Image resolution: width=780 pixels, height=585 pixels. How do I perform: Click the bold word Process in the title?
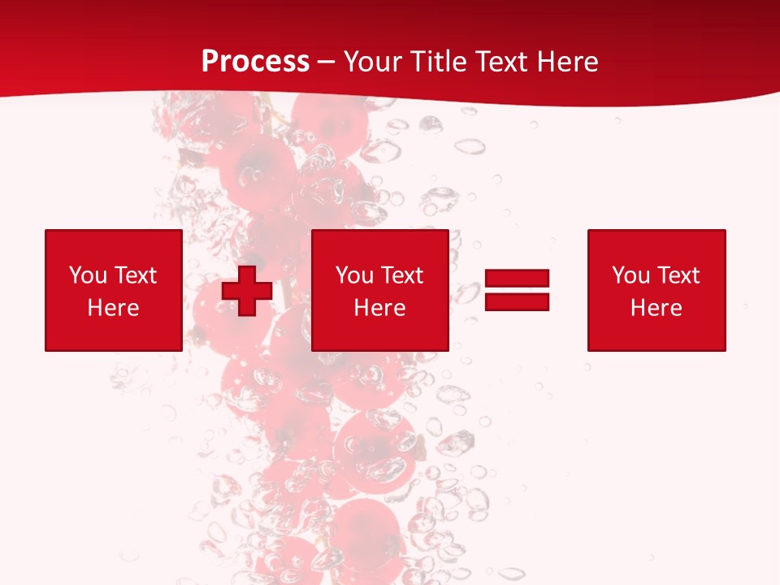point(255,62)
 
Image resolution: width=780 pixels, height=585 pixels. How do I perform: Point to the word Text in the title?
point(500,62)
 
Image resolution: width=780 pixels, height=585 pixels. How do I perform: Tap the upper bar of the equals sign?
point(517,279)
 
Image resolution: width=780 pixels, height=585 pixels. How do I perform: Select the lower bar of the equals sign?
point(517,301)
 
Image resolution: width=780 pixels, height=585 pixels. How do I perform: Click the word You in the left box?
point(88,275)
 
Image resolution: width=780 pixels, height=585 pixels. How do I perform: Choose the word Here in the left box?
point(113,308)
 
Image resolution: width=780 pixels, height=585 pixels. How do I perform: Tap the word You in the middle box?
point(354,275)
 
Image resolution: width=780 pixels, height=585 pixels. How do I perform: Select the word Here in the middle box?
point(379,308)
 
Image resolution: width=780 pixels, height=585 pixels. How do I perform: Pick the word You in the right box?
point(630,275)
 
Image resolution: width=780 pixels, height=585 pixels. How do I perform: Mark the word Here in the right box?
point(656,308)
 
